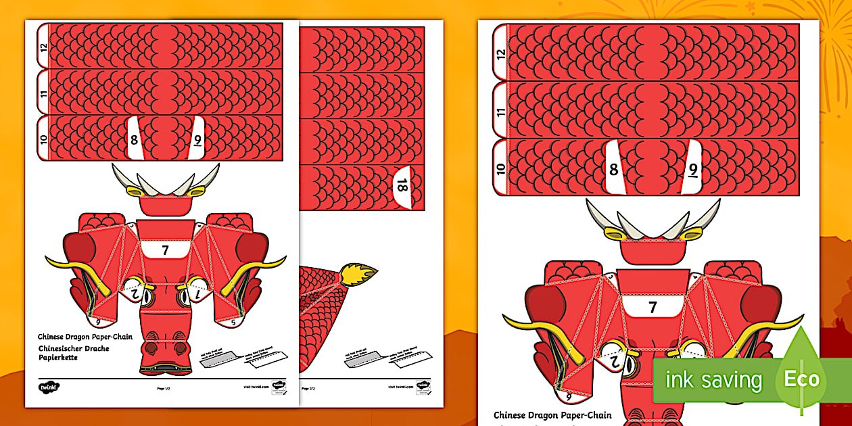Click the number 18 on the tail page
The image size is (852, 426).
(x=402, y=185)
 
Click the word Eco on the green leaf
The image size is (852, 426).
(x=802, y=379)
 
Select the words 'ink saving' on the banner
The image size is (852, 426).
(x=713, y=380)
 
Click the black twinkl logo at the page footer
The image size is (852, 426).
(x=48, y=387)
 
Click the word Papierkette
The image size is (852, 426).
(x=58, y=357)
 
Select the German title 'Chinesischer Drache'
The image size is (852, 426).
(x=74, y=348)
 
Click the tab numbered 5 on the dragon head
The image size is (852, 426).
(x=233, y=323)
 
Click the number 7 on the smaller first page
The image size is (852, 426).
(x=165, y=251)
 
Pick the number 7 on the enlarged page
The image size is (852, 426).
(x=653, y=308)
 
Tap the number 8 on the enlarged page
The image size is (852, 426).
(x=613, y=170)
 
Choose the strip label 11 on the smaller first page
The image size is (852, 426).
(x=43, y=93)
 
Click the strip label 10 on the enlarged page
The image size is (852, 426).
(x=501, y=169)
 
